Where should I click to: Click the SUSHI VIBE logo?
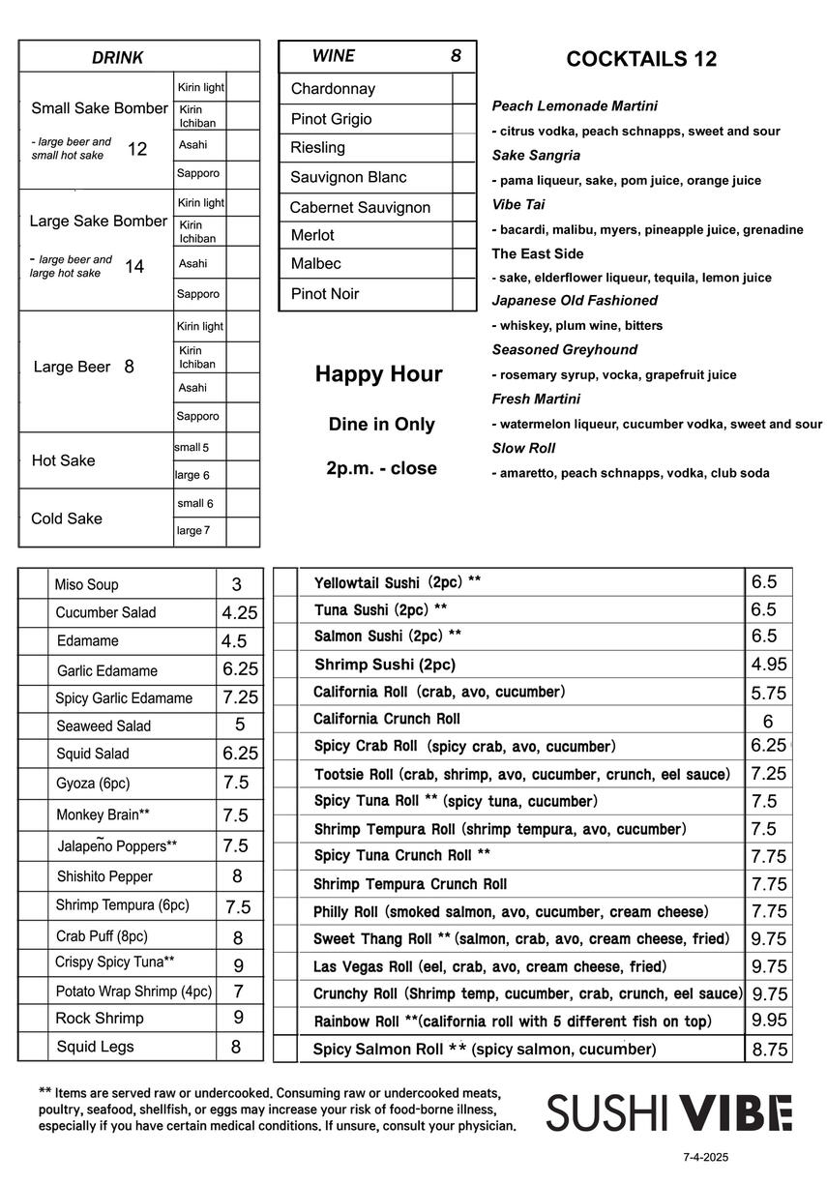point(668,1112)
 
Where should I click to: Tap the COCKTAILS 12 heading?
point(641,59)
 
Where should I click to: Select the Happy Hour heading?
point(378,374)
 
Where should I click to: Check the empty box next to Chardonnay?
point(464,89)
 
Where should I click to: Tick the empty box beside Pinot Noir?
point(464,294)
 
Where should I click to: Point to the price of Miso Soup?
point(237,584)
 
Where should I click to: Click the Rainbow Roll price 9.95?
point(769,1021)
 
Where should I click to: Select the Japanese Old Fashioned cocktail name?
point(575,301)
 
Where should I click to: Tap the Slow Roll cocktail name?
point(523,449)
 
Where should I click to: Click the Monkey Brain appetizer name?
point(103,814)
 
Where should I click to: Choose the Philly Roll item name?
point(345,912)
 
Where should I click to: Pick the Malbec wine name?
point(316,263)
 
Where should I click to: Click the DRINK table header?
point(118,58)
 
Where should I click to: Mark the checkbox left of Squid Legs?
point(33,1047)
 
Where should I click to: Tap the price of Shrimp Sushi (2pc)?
point(769,665)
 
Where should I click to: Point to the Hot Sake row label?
point(64,460)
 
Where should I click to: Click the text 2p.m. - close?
point(381,468)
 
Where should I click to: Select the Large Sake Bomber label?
point(98,222)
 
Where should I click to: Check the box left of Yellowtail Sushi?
point(285,582)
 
